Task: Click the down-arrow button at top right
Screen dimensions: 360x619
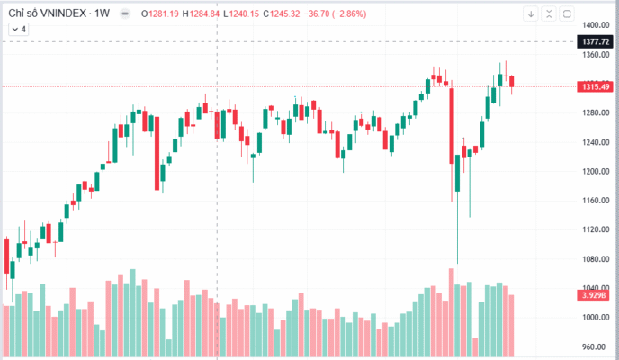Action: click(532, 13)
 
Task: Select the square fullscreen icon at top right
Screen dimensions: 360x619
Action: click(567, 13)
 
